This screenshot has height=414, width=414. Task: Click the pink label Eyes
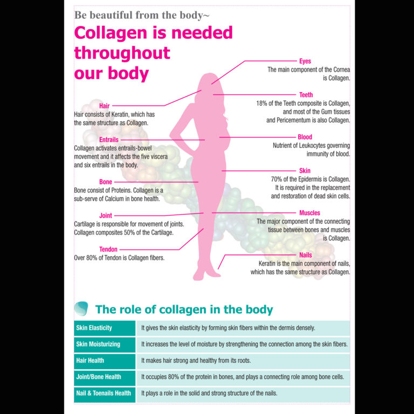click(x=305, y=61)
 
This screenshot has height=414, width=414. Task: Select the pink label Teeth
click(x=306, y=95)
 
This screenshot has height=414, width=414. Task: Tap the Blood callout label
click(x=305, y=137)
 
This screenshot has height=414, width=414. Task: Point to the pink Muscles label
click(x=309, y=213)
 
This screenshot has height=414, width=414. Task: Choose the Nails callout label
click(x=306, y=255)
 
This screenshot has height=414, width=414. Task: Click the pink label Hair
click(x=104, y=106)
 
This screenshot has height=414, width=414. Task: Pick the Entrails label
click(x=109, y=140)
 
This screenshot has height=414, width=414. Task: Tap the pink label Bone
click(x=106, y=182)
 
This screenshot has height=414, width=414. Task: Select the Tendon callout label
click(x=108, y=249)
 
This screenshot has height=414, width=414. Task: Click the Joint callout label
click(x=106, y=216)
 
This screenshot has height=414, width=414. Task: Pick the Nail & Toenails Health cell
click(x=105, y=394)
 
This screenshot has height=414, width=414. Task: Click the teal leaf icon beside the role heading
click(x=81, y=308)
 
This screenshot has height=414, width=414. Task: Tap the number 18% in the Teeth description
click(x=261, y=103)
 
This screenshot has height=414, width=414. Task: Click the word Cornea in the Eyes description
click(x=341, y=70)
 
